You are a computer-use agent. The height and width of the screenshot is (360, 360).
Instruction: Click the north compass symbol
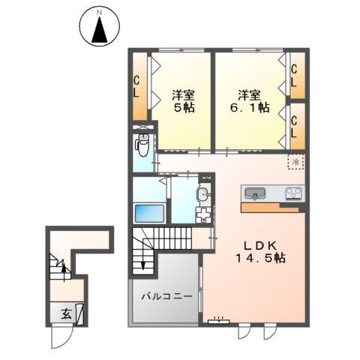click(100, 28)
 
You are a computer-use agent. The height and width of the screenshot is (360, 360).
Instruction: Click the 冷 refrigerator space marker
click(295, 161)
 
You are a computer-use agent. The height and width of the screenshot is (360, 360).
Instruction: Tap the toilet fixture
click(142, 143)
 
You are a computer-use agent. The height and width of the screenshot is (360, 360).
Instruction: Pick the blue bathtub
click(149, 212)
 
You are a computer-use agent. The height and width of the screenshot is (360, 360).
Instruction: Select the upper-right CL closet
click(295, 75)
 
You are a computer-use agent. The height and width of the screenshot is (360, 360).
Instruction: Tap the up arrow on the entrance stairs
click(64, 266)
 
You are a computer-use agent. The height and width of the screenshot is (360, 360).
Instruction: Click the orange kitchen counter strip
click(271, 206)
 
